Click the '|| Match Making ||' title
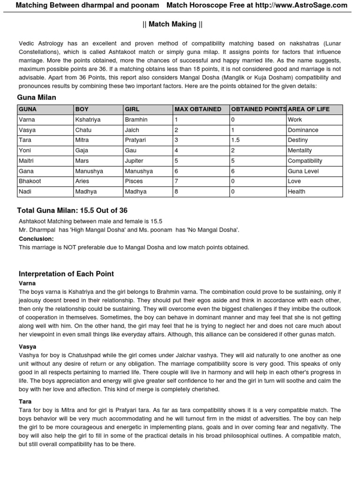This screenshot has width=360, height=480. (180, 24)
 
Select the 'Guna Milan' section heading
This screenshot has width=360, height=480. (37, 97)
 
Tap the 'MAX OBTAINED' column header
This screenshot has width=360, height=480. (198, 109)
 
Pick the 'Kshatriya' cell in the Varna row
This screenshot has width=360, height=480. (88, 120)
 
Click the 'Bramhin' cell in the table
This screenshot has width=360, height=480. (136, 120)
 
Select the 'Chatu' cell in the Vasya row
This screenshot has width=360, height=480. (83, 130)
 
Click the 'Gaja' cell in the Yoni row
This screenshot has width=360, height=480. (82, 150)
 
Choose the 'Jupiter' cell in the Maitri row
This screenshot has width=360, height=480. (135, 161)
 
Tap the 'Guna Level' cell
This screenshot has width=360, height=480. (303, 171)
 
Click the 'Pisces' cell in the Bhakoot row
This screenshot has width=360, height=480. (134, 181)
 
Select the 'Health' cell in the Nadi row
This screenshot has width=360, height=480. (297, 191)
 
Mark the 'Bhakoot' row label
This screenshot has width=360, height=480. (30, 181)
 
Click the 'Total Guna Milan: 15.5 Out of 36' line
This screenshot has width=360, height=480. (72, 210)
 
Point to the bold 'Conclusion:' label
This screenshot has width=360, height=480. (36, 239)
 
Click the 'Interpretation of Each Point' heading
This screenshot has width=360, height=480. (66, 274)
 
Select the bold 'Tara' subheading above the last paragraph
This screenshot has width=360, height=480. (25, 402)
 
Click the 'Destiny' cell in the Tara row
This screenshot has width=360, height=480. (298, 140)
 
